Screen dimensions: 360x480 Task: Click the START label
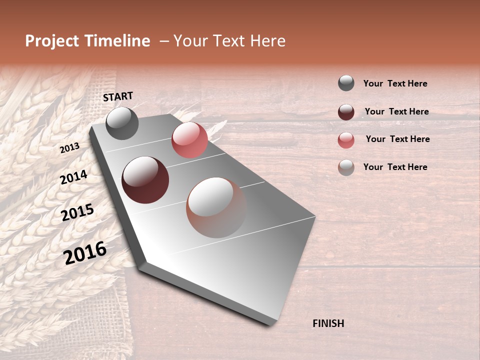[x=118, y=96]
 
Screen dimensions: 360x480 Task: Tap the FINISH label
[x=328, y=323]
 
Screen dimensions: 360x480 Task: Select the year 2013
[x=69, y=148]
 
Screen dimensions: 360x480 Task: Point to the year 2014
[x=73, y=177]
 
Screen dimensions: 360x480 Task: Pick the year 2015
[x=77, y=212]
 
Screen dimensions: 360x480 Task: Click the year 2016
[x=85, y=252]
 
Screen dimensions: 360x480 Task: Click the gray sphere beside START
[x=122, y=123]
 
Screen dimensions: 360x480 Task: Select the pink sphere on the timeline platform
[x=189, y=139]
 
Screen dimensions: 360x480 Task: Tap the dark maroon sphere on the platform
[x=145, y=180]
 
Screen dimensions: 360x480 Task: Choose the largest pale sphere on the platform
[x=216, y=207]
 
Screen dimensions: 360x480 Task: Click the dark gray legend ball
[x=346, y=83]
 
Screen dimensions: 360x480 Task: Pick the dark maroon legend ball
[x=346, y=112]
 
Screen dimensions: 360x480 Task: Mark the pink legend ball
[x=346, y=140]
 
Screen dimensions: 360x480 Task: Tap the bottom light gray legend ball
[x=346, y=167]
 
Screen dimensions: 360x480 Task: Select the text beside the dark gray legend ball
[x=395, y=84]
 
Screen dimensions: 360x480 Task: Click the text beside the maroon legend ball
[x=396, y=112]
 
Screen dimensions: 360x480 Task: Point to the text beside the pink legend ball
[x=397, y=139]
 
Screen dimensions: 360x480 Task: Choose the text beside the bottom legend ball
[x=395, y=167]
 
